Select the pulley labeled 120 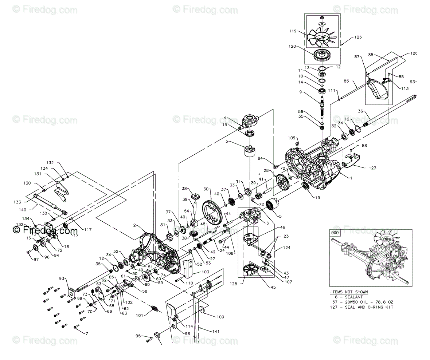(x=322, y=55)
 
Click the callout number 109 (x=291, y=138)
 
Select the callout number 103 (x=206, y=272)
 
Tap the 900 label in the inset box (x=335, y=232)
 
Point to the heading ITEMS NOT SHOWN (x=349, y=292)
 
